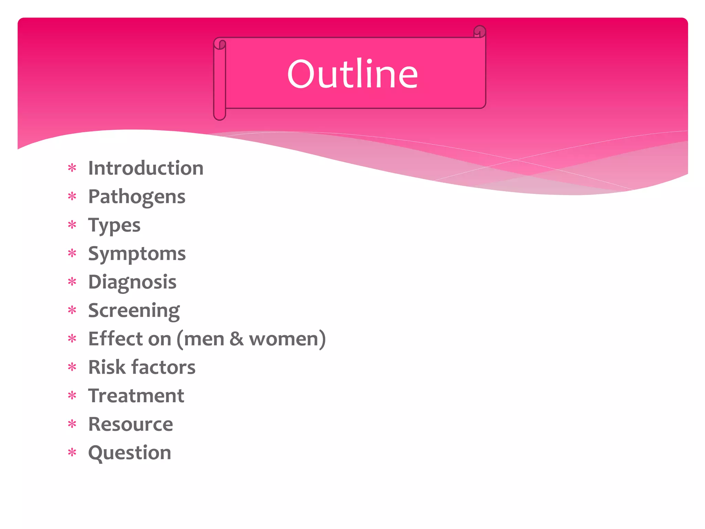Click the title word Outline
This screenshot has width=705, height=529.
click(352, 74)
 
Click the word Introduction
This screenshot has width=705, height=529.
click(146, 168)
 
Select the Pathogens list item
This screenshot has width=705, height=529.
click(137, 197)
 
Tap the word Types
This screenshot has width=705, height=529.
click(114, 226)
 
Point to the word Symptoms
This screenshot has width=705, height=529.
click(137, 254)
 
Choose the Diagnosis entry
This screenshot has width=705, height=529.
click(132, 282)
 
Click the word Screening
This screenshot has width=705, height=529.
click(134, 311)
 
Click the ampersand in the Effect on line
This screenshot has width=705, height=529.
click(236, 339)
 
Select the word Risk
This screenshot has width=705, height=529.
click(107, 367)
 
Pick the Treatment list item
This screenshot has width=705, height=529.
click(136, 396)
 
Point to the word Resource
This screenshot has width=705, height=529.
click(130, 424)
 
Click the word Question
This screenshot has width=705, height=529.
click(129, 453)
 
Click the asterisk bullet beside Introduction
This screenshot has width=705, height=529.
click(72, 168)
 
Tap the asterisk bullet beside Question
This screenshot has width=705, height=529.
click(72, 452)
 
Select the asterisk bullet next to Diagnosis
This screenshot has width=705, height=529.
click(72, 282)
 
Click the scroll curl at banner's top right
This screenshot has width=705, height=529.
click(479, 32)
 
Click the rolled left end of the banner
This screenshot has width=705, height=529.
click(220, 79)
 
